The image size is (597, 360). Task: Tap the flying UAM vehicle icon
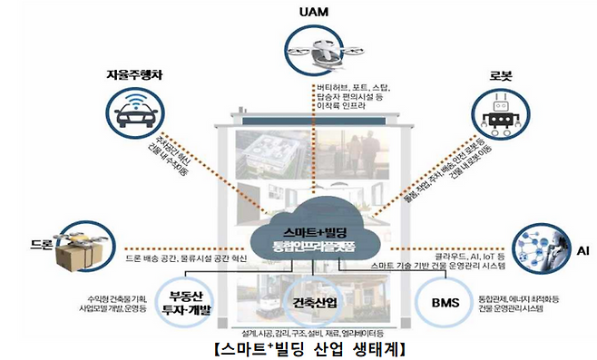[x=313, y=51]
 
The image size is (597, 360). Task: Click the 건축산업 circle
[x=316, y=301]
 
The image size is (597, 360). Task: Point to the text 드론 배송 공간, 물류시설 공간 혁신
[x=185, y=258]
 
